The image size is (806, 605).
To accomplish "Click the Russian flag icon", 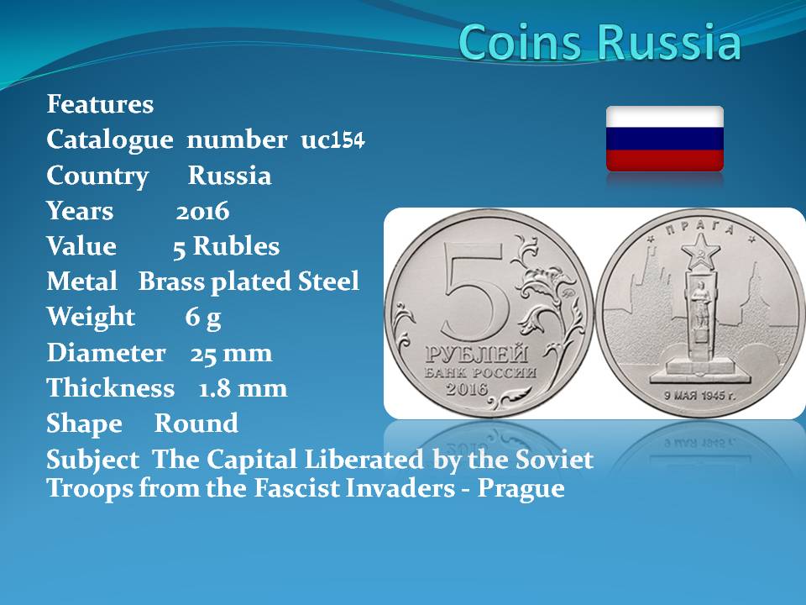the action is click(x=665, y=139).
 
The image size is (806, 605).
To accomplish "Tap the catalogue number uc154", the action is click(x=332, y=139).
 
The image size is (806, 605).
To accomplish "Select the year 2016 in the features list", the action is click(x=202, y=212).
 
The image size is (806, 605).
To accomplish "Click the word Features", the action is click(x=100, y=104).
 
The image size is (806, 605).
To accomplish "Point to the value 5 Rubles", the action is click(x=226, y=246).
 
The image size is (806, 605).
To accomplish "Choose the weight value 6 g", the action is click(x=203, y=318).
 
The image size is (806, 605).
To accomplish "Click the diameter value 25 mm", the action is click(x=232, y=354).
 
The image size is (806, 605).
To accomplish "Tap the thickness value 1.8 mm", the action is click(x=243, y=388).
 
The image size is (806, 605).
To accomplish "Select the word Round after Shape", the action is click(x=196, y=423).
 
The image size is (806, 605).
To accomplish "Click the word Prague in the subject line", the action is click(x=521, y=487).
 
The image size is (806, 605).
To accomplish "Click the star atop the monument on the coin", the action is click(x=700, y=251).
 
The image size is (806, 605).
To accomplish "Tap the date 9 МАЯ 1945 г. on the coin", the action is click(x=699, y=396).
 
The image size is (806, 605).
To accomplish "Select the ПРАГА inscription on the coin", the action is click(x=700, y=228).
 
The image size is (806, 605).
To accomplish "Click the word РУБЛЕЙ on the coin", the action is click(x=477, y=354).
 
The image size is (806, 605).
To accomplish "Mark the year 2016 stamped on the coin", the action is click(x=467, y=389).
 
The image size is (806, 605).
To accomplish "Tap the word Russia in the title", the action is click(x=669, y=42).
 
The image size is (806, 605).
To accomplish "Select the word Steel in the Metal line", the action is click(x=328, y=281).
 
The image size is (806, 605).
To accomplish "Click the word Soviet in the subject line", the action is click(x=555, y=459).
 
